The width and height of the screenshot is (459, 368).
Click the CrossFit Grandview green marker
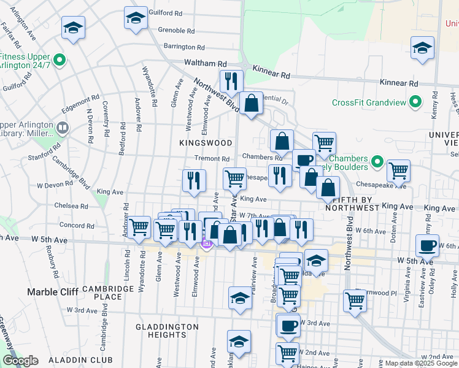(415, 102)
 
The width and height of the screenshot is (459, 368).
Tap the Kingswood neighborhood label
(206, 143)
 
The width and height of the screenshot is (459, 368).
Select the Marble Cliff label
(51, 292)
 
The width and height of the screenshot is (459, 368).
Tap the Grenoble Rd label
(176, 30)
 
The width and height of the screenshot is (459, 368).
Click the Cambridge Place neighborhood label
(104, 293)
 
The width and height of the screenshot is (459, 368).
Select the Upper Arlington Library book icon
(62, 128)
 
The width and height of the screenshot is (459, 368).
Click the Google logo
(20, 361)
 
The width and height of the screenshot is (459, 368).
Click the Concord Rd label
(77, 226)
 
